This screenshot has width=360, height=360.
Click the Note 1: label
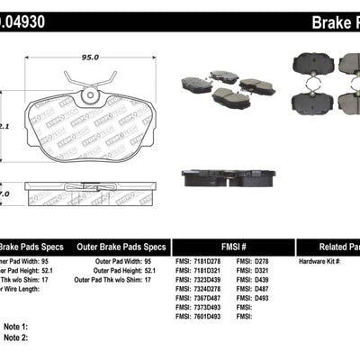[17, 326]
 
